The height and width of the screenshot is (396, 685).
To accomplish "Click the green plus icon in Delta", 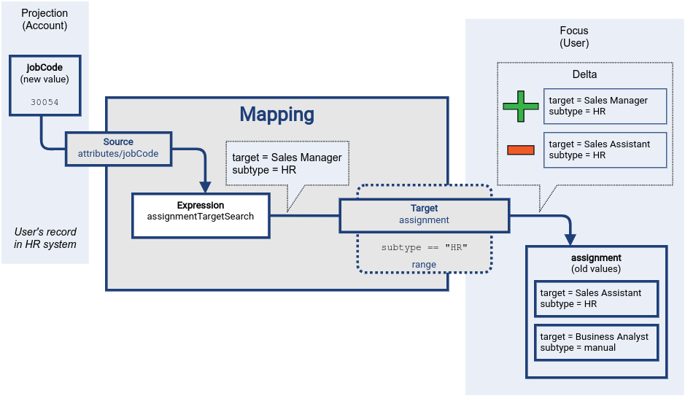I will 520,106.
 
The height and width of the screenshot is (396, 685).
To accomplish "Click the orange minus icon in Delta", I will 520,150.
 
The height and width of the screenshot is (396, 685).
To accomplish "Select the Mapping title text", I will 276,114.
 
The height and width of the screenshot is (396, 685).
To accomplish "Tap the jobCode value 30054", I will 44,103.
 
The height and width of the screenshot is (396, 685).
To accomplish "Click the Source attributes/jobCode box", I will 118,148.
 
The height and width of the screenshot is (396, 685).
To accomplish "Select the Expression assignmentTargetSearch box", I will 201,215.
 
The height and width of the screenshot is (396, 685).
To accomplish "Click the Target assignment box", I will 424,214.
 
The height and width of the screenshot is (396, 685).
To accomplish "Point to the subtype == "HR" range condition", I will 424,247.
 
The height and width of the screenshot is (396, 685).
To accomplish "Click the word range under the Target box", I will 424,265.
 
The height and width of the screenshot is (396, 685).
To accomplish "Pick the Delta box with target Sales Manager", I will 605,106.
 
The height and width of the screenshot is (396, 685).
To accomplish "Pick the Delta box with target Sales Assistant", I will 605,150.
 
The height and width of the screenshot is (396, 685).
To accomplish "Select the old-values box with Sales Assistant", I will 596,298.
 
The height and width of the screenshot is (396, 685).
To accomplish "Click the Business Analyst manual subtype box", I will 596,342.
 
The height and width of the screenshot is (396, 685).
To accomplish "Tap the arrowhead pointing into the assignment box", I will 570,239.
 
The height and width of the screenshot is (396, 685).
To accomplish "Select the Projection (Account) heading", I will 44,19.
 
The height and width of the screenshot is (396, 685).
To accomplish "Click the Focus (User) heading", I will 574,37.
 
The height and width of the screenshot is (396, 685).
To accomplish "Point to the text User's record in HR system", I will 44,238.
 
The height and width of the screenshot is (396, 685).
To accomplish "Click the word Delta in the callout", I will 584,74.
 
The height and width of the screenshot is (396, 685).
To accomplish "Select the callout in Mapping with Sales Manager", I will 287,163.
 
